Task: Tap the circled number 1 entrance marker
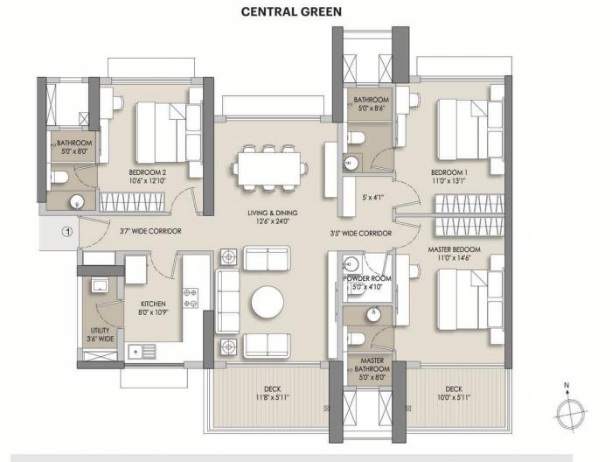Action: (x=65, y=232)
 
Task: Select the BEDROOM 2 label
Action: (x=148, y=171)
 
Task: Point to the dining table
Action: (x=268, y=167)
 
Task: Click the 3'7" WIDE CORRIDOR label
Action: (x=150, y=232)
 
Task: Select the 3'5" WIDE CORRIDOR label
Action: (x=360, y=234)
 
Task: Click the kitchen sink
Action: (x=141, y=351)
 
